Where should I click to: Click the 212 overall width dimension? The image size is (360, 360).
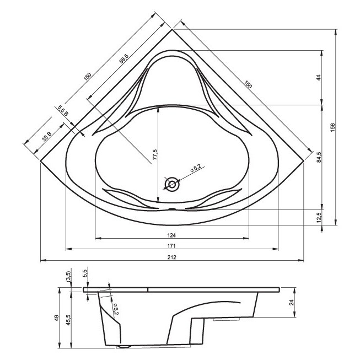coord(172,257)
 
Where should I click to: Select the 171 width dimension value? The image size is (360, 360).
coord(171,246)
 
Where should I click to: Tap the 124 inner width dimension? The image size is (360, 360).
coord(171,235)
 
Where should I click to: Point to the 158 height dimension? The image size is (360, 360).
coord(333,127)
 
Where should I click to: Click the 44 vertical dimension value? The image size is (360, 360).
coord(319,78)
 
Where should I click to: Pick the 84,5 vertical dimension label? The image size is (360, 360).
coord(319,157)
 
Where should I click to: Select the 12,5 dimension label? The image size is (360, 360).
coord(319,217)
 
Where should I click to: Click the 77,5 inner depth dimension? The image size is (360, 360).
coord(155,154)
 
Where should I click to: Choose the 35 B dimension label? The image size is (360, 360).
coord(47,137)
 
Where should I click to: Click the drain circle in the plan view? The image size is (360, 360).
coord(172,184)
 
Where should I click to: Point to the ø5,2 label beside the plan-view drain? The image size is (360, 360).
coord(196,169)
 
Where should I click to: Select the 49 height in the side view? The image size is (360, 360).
coord(57,318)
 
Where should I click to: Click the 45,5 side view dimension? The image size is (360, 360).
coord(69,320)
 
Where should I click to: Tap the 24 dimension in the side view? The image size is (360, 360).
coord(292,302)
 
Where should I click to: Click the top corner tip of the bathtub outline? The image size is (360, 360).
coord(172,29)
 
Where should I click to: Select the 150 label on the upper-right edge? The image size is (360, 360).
coord(248,84)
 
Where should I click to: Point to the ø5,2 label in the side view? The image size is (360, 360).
coord(116,309)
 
